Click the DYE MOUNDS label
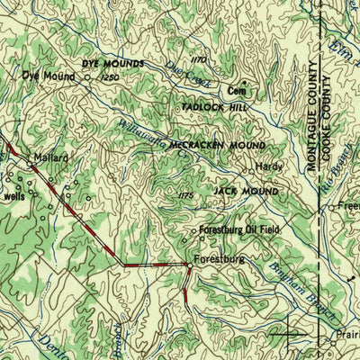[112, 65]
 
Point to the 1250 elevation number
[111, 79]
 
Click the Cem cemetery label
[236, 91]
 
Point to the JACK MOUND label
[246, 192]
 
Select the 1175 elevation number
[186, 194]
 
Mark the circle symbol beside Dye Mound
[87, 77]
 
